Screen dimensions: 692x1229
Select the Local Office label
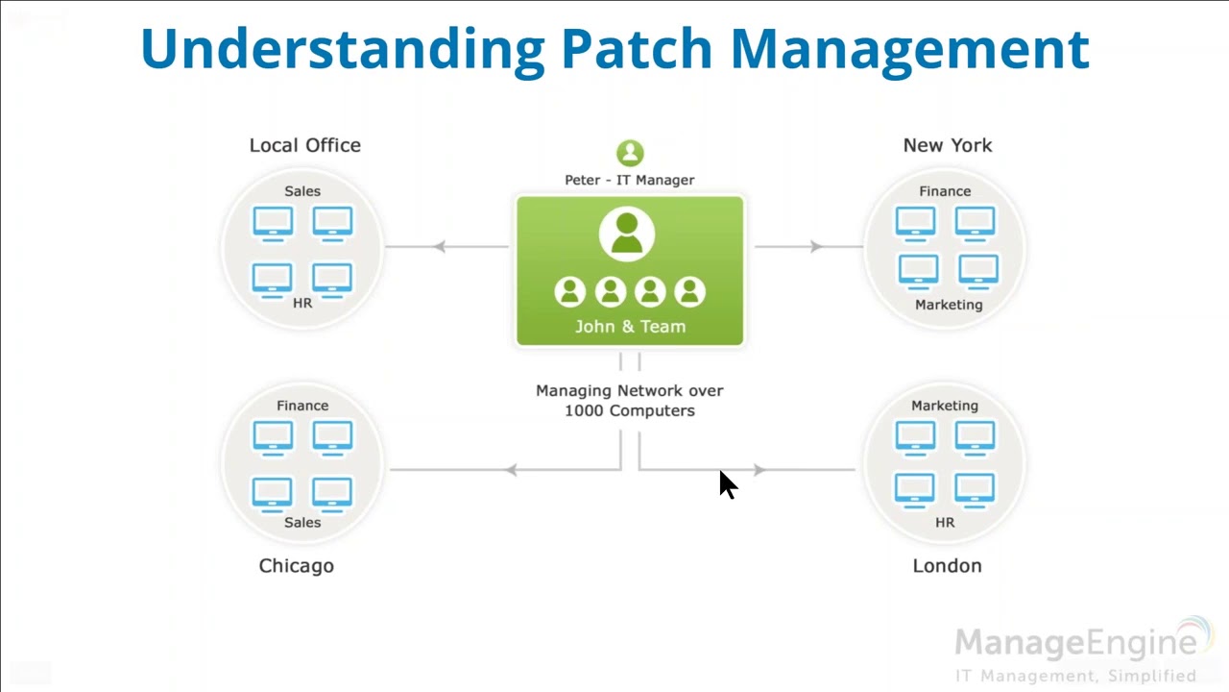(305, 145)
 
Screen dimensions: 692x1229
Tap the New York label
(947, 145)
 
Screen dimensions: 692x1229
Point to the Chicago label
(297, 566)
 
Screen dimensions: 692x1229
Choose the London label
(947, 566)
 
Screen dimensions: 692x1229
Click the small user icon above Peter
(630, 153)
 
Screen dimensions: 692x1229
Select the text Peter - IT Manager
(630, 180)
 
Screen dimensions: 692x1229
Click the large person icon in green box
(627, 234)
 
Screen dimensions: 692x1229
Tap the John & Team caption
(630, 327)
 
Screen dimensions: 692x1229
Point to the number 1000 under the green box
(583, 410)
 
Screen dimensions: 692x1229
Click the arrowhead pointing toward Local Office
(439, 247)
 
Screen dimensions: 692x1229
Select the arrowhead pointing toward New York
(816, 247)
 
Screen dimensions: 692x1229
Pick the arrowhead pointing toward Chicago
(511, 470)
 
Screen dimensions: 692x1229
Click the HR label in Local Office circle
(302, 303)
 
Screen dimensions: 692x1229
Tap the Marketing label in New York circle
(949, 305)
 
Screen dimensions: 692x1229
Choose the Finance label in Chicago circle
(302, 406)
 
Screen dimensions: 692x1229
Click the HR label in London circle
(945, 523)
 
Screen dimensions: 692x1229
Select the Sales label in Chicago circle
(302, 523)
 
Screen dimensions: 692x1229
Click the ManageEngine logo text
(1075, 642)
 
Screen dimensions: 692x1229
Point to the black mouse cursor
(727, 484)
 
